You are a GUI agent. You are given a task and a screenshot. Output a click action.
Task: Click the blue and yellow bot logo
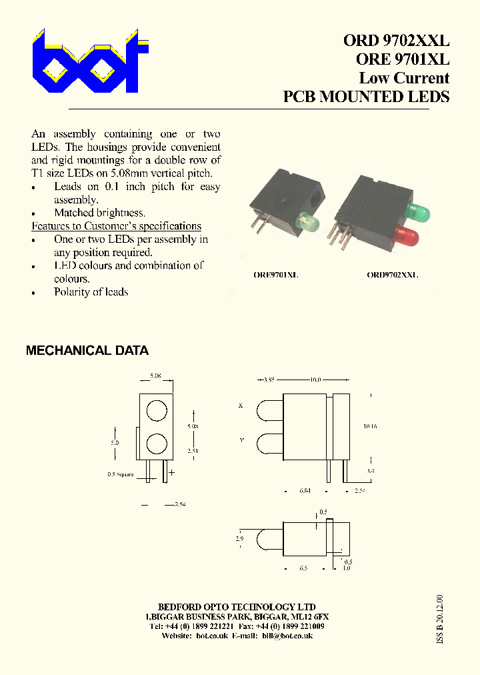(89, 61)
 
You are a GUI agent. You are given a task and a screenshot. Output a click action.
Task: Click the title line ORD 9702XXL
(396, 40)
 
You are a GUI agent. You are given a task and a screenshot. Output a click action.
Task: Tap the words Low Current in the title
(404, 77)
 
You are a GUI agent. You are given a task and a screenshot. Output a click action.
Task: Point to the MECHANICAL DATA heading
(87, 350)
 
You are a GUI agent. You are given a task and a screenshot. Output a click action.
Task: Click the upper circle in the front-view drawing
(156, 411)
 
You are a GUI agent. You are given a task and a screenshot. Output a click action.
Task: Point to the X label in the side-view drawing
(241, 406)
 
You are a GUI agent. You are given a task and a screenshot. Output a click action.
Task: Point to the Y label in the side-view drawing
(241, 440)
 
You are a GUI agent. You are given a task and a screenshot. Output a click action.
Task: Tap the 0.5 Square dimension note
(121, 475)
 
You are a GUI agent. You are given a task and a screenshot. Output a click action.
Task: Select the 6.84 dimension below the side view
(306, 491)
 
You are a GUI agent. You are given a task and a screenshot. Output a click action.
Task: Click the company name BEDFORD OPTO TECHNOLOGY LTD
(237, 607)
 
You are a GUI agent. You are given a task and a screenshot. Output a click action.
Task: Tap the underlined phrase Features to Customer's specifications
(117, 226)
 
